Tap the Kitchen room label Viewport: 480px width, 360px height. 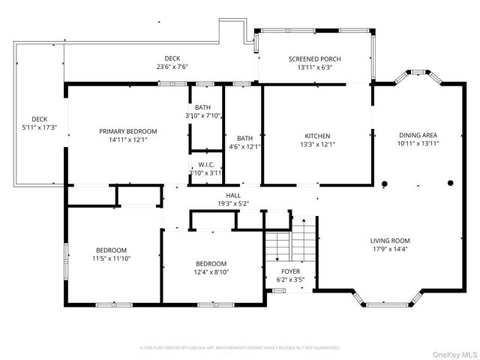coord(317,136)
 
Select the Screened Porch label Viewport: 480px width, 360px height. coord(315,58)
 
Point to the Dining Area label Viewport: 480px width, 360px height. coord(418,134)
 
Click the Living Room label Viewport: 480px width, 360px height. coord(390,241)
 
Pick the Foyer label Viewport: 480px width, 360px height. coord(290,271)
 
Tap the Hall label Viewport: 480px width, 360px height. coord(233,195)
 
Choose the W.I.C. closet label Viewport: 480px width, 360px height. coord(207,165)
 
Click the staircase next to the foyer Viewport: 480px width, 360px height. coord(289,240)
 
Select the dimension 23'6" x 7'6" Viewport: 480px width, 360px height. coord(172,67)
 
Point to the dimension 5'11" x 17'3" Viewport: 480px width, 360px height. coord(39,127)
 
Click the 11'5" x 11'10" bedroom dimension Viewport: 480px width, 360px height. coord(111,259)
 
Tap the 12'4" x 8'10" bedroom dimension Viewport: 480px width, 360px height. coord(211,272)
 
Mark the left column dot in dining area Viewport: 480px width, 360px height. coord(385,183)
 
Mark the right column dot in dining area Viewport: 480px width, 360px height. coord(451,182)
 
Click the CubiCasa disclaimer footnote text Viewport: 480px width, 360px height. coord(240,348)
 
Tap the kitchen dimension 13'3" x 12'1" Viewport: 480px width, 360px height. coord(317,145)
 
